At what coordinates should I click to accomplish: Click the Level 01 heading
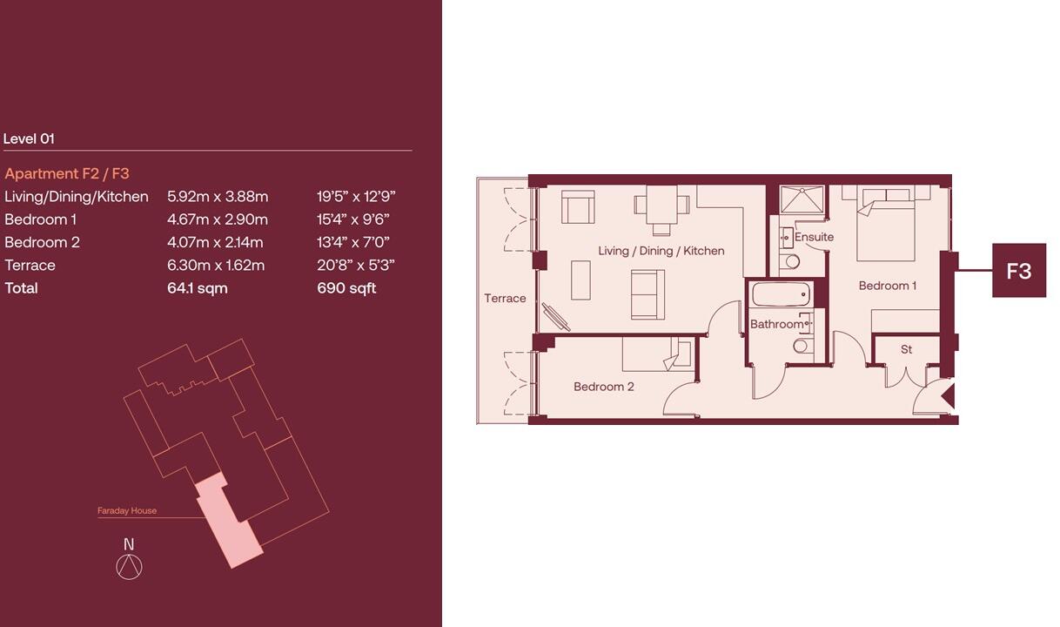29,138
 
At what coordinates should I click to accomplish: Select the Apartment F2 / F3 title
66,173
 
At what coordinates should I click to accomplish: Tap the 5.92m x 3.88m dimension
218,197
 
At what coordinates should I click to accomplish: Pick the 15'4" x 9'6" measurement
352,219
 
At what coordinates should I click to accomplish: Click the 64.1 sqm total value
197,288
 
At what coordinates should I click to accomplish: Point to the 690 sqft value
346,288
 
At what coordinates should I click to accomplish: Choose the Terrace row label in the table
30,266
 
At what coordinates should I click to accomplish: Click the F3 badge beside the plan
1018,271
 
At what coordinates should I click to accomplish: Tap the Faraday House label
127,511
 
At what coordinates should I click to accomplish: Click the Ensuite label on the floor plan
814,237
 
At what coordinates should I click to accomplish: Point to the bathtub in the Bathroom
781,294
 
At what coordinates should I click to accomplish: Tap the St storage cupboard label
906,349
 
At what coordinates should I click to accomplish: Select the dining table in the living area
661,205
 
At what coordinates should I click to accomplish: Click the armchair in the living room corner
578,207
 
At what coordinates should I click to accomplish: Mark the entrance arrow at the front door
948,396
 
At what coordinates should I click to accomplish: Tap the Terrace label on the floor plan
505,298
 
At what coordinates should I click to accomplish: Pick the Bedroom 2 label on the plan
603,387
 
